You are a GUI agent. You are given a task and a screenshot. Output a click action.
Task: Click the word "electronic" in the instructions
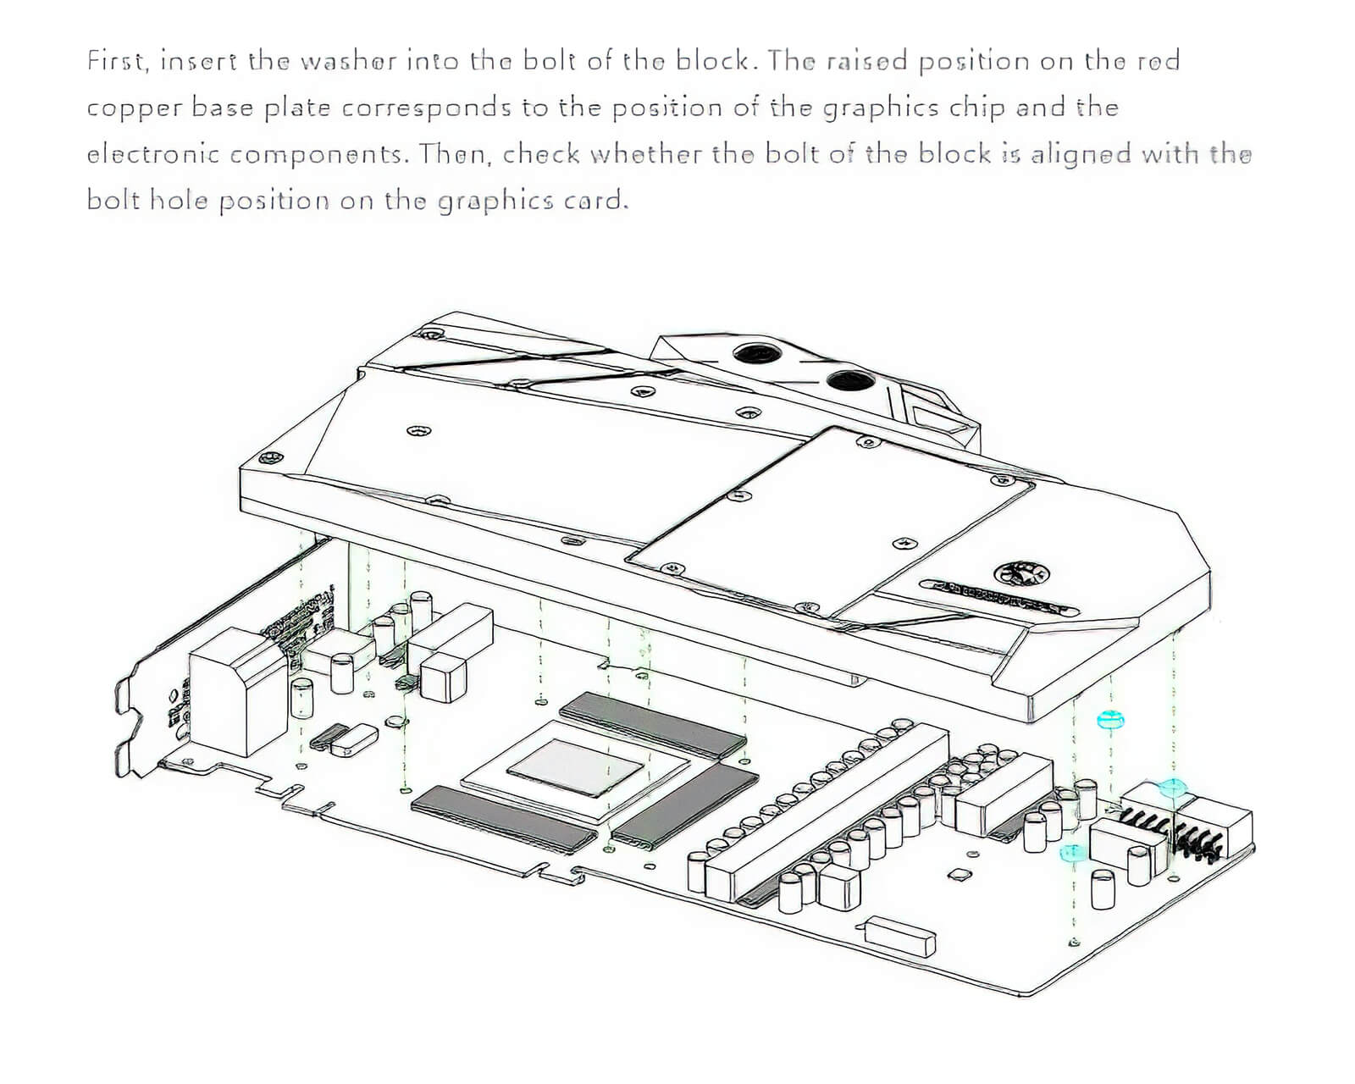[153, 154]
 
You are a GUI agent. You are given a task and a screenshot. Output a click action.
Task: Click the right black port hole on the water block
[848, 381]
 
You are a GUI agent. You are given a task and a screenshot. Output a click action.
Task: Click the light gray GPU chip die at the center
[575, 766]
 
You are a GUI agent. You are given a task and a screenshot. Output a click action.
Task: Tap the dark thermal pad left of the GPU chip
[505, 817]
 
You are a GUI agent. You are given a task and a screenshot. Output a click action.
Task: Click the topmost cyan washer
[1109, 721]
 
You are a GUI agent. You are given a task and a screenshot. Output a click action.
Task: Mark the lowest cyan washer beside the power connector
[1073, 851]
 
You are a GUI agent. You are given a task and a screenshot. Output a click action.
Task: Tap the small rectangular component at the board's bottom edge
[901, 936]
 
